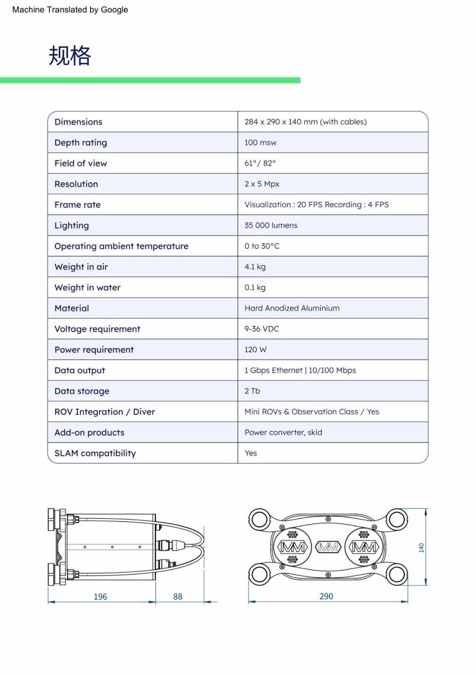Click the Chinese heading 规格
(70, 56)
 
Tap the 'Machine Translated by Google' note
(70, 10)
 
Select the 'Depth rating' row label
(81, 143)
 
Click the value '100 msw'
(260, 143)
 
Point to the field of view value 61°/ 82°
(260, 163)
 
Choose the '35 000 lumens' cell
(271, 225)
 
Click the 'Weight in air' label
(81, 267)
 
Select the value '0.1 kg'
(255, 288)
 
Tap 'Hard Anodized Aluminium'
(292, 308)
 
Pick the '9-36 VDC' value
(262, 329)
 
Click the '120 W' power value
(255, 350)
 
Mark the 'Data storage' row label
(82, 391)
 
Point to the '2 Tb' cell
(252, 391)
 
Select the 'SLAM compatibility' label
(95, 453)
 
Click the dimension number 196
(100, 596)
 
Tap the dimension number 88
(178, 596)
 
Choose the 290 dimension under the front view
(326, 596)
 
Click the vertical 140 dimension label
(421, 548)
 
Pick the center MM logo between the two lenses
(328, 547)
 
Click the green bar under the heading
(150, 80)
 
